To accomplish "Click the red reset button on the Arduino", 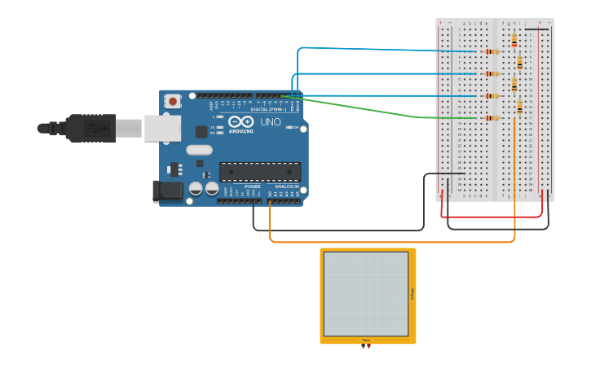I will coord(172,101).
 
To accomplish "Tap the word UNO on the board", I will coord(270,122).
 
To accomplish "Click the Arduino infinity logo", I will coord(240,121).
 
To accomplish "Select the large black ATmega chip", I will coord(260,171).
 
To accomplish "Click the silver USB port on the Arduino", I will coord(162,128).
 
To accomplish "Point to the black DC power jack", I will coord(168,191).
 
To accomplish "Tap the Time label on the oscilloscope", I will coord(366,340).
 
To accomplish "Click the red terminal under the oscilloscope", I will coord(369,347).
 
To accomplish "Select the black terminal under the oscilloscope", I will coord(363,347).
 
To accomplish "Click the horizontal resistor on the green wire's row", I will coord(492,118).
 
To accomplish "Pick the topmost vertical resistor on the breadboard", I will coord(514,39).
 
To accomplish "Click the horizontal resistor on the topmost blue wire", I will coord(492,51).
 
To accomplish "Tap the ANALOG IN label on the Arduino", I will coord(285,187).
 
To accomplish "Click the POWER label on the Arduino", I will coord(253,187).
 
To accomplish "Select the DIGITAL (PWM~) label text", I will coord(268,109).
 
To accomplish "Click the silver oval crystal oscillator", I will coord(199,150).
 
